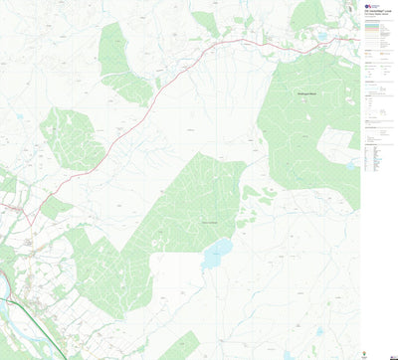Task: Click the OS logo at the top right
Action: click(370, 4)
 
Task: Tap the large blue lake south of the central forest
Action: click(216, 254)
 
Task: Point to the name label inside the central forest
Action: click(210, 221)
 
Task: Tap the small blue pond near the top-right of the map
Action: click(320, 37)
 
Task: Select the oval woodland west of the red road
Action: click(72, 137)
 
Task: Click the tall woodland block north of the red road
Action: click(123, 60)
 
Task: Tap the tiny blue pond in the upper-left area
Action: click(20, 116)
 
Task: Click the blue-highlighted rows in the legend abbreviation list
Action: click(380, 158)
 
